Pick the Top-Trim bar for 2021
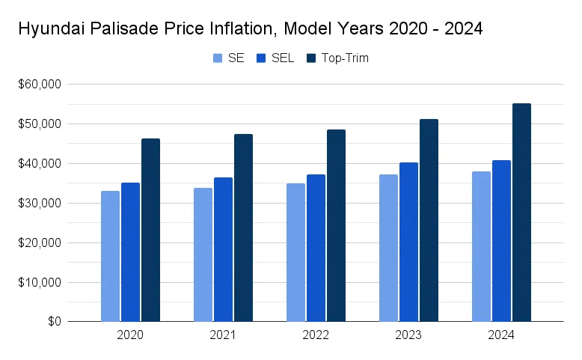(x=243, y=228)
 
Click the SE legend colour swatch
(x=218, y=58)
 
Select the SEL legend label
(x=283, y=58)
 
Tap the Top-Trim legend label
(x=346, y=58)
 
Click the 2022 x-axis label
(x=316, y=336)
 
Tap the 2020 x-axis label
(x=130, y=336)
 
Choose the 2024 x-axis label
(x=501, y=336)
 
